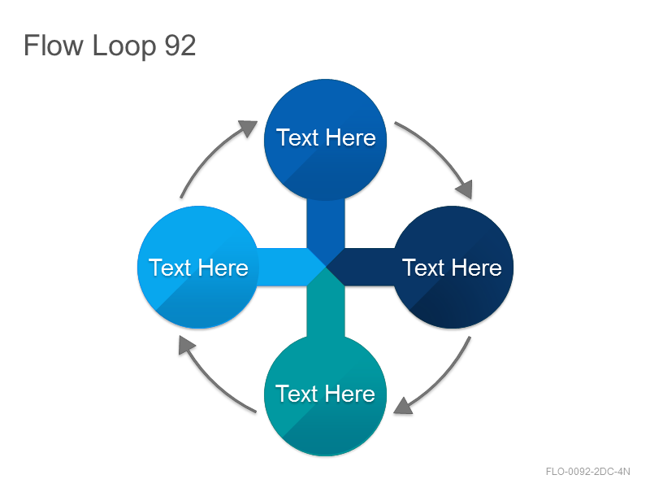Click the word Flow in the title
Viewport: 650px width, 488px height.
point(54,45)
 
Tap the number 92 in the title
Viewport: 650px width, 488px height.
point(180,46)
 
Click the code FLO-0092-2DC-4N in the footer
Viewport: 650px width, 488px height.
point(587,472)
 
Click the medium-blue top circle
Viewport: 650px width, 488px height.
point(326,140)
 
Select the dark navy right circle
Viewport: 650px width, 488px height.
point(453,267)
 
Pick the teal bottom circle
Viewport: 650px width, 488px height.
point(326,394)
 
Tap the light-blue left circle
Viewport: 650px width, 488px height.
point(198,267)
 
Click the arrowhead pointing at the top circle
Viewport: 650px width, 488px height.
point(249,128)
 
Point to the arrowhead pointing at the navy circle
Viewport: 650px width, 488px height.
point(465,190)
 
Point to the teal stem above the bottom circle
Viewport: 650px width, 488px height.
point(326,308)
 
